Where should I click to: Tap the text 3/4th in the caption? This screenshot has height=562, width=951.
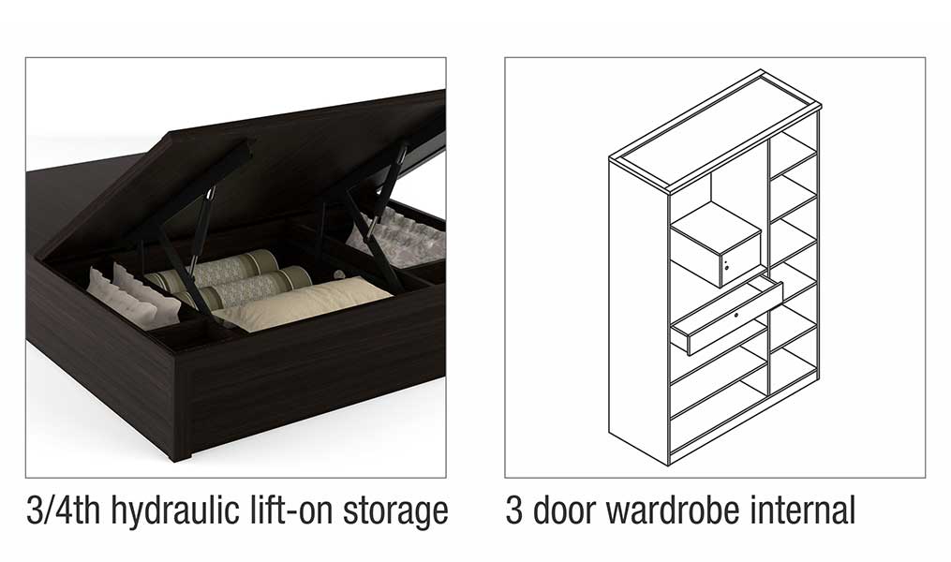pyautogui.click(x=63, y=510)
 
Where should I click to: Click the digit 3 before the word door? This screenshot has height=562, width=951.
pyautogui.click(x=513, y=510)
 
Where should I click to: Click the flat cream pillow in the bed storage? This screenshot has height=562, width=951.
pyautogui.click(x=304, y=303)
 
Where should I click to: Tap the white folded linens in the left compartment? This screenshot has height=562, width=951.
pyautogui.click(x=132, y=296)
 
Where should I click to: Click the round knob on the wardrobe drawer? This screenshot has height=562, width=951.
pyautogui.click(x=736, y=316)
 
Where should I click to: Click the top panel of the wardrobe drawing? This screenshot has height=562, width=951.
pyautogui.click(x=715, y=130)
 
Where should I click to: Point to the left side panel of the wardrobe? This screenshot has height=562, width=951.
pyautogui.click(x=639, y=312)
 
